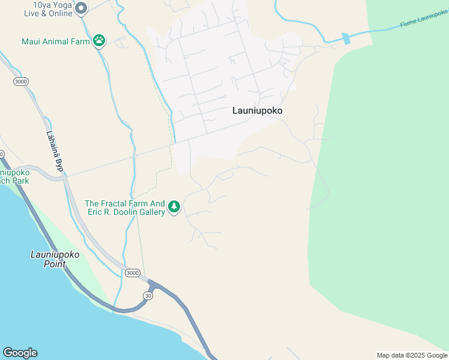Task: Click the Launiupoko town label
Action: (x=257, y=111)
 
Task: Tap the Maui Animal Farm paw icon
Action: (x=99, y=41)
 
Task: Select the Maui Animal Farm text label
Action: (x=56, y=41)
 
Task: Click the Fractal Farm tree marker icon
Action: (x=174, y=207)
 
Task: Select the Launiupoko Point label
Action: (x=55, y=259)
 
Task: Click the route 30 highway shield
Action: (x=148, y=295)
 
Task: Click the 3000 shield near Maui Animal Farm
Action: (x=20, y=81)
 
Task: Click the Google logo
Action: (x=20, y=353)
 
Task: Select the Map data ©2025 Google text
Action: (x=412, y=355)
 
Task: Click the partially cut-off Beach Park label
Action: (x=14, y=180)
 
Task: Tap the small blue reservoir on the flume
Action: (x=346, y=38)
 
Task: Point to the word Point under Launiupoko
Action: (x=55, y=263)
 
